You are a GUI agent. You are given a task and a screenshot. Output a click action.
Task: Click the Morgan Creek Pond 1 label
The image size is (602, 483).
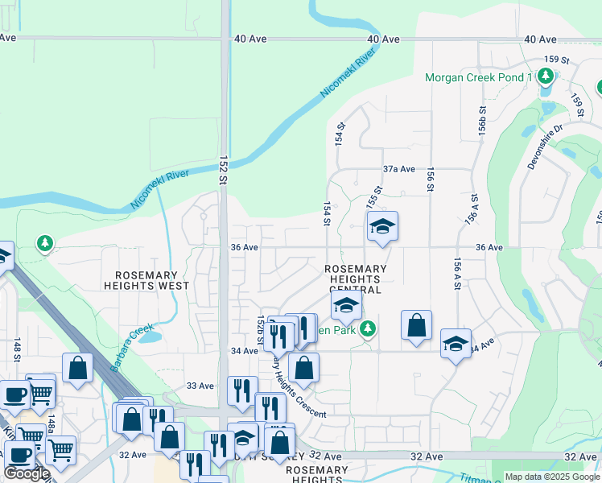(x=479, y=77)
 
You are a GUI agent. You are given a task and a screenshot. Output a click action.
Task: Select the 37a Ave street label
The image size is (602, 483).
(x=398, y=169)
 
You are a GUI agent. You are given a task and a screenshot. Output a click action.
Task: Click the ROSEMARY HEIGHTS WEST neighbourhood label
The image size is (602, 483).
(x=146, y=280)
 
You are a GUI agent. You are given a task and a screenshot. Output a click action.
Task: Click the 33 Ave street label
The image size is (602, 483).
(x=200, y=386)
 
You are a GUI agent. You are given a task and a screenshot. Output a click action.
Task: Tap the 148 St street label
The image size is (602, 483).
(x=16, y=351)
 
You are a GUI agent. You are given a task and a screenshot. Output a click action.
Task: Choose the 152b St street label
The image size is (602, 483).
(x=260, y=332)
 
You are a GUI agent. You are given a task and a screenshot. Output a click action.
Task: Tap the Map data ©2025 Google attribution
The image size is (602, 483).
(x=552, y=477)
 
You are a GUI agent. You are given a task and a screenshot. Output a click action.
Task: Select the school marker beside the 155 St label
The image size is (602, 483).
(x=382, y=226)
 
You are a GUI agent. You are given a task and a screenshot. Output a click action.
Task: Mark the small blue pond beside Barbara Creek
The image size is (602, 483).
(x=150, y=337)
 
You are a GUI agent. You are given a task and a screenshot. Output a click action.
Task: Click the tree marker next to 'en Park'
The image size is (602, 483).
(x=368, y=328)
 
